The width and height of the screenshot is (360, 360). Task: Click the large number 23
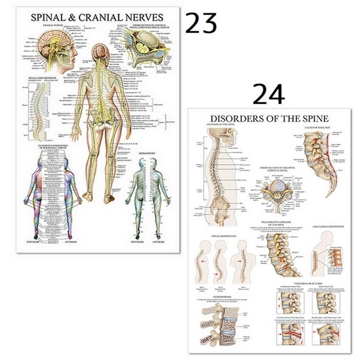(x=200, y=23)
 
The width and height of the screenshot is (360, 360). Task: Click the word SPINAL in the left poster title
(x=50, y=17)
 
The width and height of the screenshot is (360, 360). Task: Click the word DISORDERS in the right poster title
(x=235, y=118)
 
